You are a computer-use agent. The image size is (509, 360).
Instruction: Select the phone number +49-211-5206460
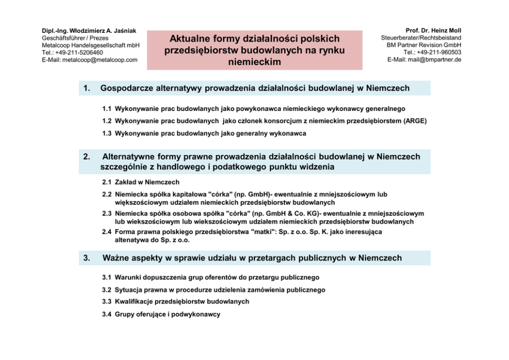[80, 52]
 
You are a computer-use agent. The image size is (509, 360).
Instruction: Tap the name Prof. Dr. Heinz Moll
[433, 31]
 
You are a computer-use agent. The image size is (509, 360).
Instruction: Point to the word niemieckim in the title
[254, 62]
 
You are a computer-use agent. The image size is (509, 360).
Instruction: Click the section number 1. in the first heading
[87, 88]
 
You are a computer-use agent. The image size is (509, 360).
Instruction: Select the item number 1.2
[107, 121]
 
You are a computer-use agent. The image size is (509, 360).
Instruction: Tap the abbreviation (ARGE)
[415, 121]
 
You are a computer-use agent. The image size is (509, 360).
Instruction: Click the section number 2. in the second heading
[87, 157]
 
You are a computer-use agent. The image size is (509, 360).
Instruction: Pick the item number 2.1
[107, 182]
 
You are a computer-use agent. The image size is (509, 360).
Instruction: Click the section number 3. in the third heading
[87, 258]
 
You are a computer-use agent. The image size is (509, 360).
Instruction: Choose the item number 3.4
[107, 314]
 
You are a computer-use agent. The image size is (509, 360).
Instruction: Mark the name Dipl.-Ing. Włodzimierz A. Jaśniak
[89, 31]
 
